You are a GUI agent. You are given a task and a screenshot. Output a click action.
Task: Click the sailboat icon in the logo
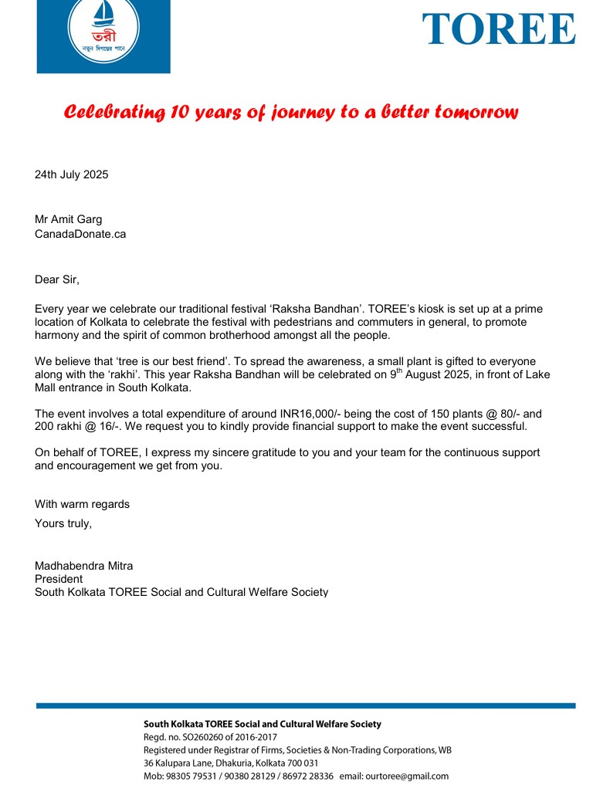(x=103, y=15)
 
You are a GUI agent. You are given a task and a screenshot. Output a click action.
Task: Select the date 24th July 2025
(x=72, y=174)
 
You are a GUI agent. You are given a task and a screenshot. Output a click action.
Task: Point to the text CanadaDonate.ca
(x=80, y=234)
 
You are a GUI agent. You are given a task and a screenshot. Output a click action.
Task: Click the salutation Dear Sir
(x=57, y=279)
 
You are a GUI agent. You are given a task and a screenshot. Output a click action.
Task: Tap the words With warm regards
(x=82, y=504)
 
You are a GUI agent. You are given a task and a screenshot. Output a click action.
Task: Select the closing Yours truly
(x=63, y=523)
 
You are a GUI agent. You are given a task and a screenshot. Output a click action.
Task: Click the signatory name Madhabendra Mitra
(x=83, y=566)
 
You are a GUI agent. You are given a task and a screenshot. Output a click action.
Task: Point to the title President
(x=59, y=579)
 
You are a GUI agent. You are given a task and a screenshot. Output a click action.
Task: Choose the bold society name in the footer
(x=263, y=724)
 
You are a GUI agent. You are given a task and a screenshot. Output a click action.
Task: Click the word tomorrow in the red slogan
(x=476, y=113)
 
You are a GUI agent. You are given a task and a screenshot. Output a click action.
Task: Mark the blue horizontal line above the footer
(x=305, y=705)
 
